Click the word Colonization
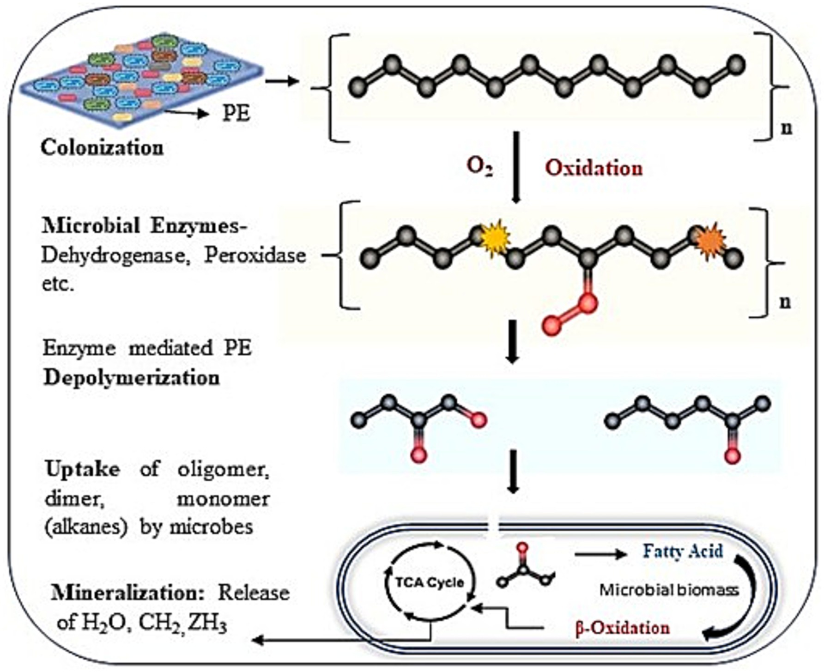[x=102, y=148]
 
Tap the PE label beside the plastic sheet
[x=236, y=113]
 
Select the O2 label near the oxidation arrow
[x=479, y=167]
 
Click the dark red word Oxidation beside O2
[x=594, y=168]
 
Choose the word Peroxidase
[x=255, y=255]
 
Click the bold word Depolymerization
[x=132, y=378]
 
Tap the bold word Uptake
[x=83, y=470]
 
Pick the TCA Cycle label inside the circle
[x=430, y=582]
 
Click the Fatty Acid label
[x=683, y=551]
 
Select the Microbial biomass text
[x=669, y=590]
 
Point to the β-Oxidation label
[x=622, y=628]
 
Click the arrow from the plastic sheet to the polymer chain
[x=282, y=81]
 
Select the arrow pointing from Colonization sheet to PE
[x=187, y=112]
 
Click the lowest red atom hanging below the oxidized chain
[x=552, y=326]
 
